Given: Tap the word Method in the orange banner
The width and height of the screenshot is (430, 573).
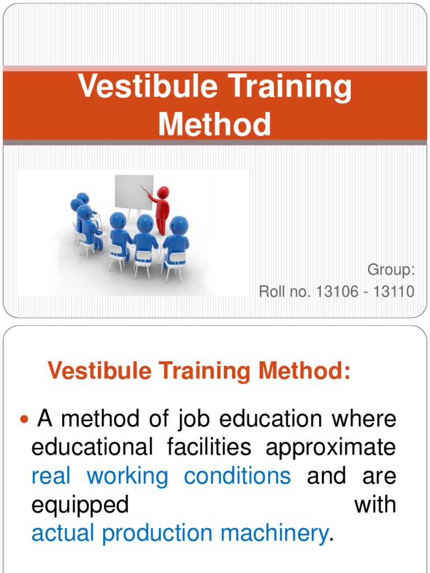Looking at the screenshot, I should pyautogui.click(x=214, y=124).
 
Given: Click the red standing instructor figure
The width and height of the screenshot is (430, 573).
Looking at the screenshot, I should pyautogui.click(x=161, y=209).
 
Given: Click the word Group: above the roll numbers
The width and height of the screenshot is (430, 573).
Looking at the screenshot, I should pyautogui.click(x=391, y=270).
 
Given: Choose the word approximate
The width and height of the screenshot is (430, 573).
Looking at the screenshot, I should pyautogui.click(x=330, y=447).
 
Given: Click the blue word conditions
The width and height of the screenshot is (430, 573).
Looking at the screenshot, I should pyautogui.click(x=237, y=476).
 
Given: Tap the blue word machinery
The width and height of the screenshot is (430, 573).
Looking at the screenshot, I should pyautogui.click(x=273, y=533).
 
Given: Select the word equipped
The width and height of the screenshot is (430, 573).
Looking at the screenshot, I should pyautogui.click(x=80, y=505).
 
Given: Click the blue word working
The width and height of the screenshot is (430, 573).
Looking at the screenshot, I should pyautogui.click(x=127, y=476).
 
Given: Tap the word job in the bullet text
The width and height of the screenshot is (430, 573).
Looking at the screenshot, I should pyautogui.click(x=194, y=419).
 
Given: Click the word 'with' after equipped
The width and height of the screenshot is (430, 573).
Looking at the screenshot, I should pyautogui.click(x=375, y=505).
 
